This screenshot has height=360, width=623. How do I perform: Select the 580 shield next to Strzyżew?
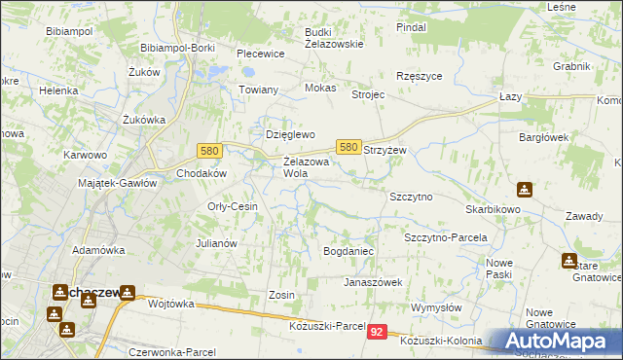348,146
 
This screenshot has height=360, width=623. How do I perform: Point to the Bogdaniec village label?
348,251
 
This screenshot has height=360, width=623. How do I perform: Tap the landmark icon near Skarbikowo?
525,190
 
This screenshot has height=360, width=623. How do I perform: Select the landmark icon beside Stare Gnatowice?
568,260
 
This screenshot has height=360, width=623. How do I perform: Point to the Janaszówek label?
372,282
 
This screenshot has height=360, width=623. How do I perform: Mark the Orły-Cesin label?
232,206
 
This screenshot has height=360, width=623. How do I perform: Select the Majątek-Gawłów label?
118,182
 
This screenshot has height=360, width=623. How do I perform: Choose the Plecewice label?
260,54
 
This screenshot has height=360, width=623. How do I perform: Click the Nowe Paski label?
499,269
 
